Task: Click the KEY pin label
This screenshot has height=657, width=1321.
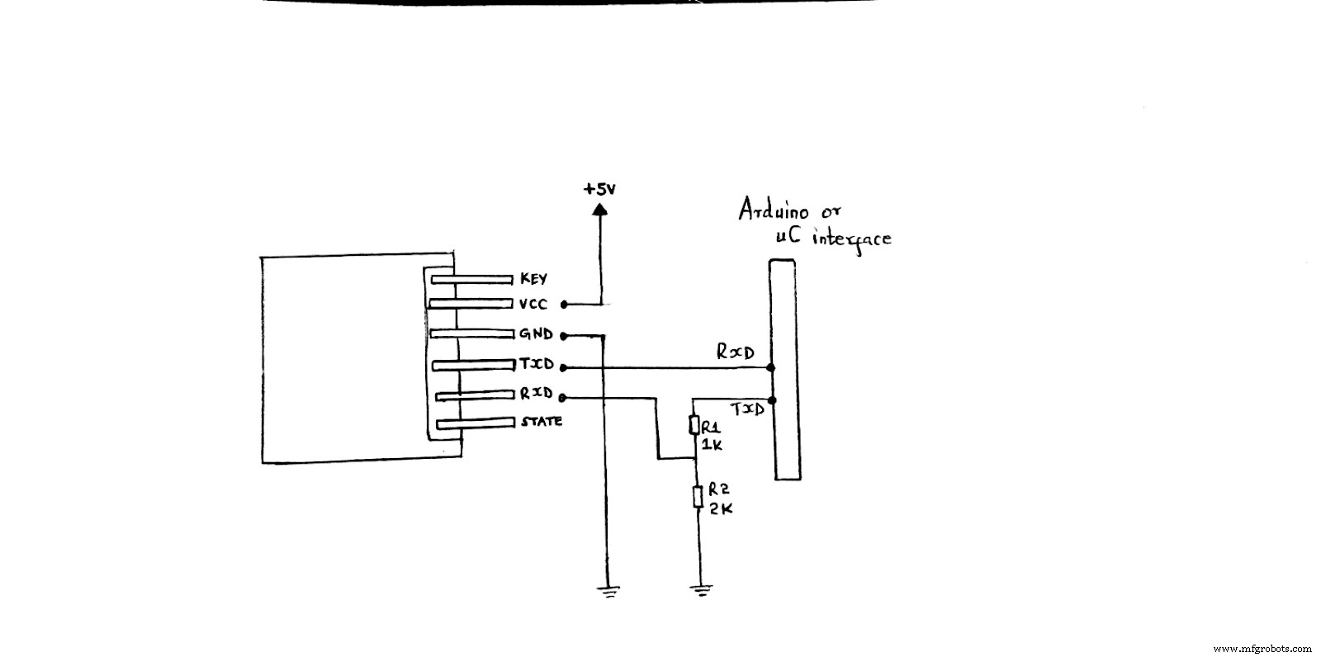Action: click(533, 279)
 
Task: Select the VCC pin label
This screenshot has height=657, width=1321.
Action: click(533, 305)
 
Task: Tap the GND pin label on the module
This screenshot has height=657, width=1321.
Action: click(535, 334)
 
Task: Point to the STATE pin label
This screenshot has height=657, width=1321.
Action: click(542, 422)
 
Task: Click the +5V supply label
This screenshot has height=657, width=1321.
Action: click(600, 189)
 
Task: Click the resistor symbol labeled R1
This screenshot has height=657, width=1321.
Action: click(695, 425)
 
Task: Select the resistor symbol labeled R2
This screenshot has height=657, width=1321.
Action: click(698, 497)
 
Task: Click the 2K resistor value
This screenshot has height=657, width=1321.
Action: click(716, 509)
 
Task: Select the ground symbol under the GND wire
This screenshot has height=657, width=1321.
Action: click(607, 590)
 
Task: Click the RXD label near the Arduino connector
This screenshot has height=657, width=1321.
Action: click(735, 352)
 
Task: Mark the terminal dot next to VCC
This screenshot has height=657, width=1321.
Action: click(563, 305)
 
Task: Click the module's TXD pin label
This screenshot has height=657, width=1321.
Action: click(536, 364)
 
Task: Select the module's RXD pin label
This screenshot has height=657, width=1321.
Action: click(536, 394)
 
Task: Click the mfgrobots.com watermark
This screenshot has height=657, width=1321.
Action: click(1265, 648)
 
